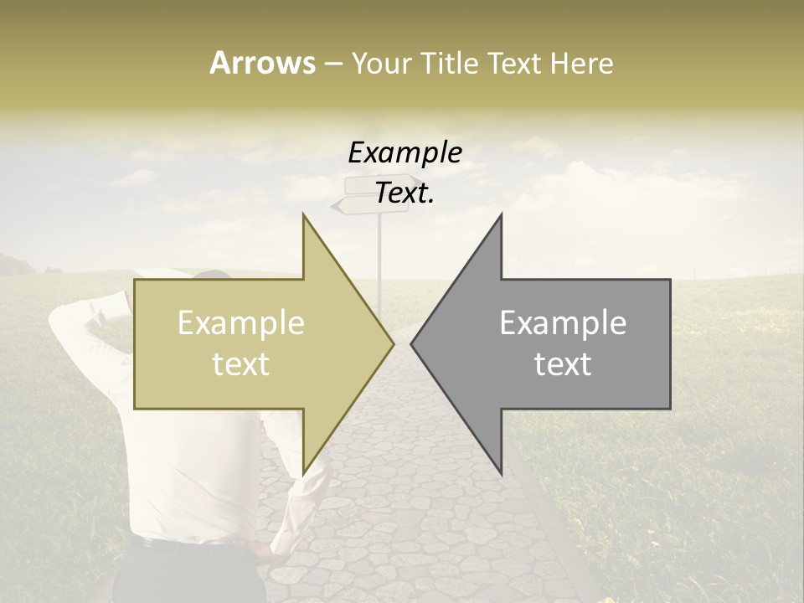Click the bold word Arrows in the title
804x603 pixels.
262,63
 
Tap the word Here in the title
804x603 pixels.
581,63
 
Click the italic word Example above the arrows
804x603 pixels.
405,153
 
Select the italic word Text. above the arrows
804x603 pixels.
405,193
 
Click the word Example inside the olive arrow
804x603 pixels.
240,323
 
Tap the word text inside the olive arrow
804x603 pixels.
240,364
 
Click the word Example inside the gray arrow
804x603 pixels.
563,323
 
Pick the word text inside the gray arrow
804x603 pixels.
563,364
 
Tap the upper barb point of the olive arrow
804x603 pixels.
303,214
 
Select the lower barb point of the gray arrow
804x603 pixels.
502,473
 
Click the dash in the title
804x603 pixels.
332,64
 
